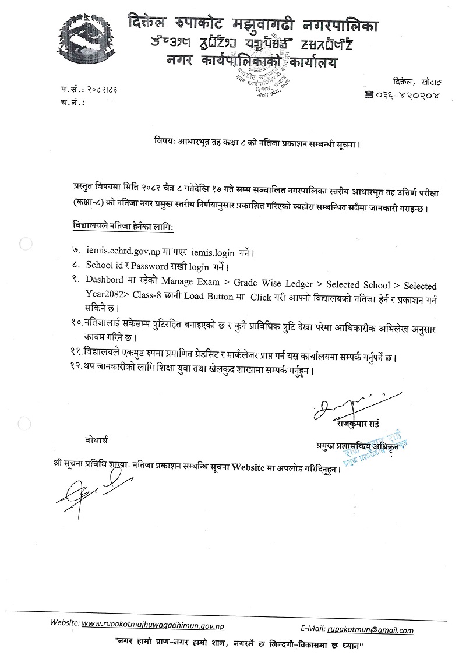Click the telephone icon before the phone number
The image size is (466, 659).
click(x=369, y=94)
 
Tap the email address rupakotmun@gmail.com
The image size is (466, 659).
click(x=370, y=630)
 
